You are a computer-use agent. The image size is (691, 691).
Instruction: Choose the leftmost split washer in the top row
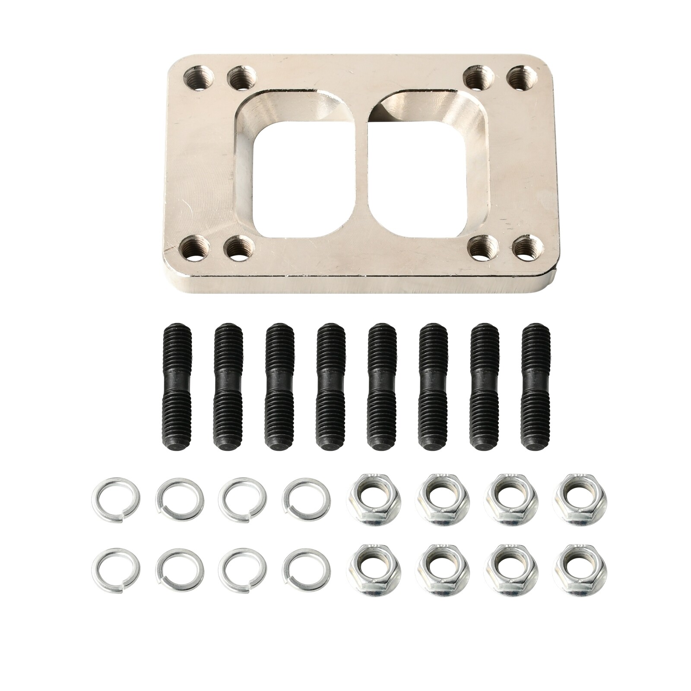[x=115, y=499]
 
